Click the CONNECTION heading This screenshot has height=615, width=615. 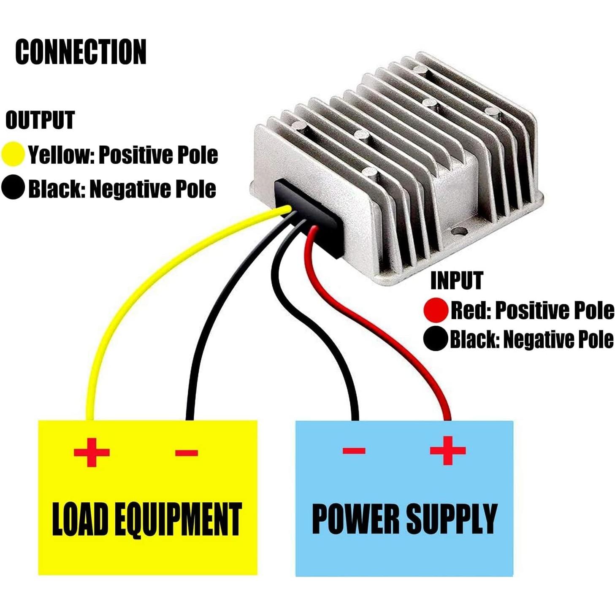click(81, 52)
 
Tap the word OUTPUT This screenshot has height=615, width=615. click(40, 120)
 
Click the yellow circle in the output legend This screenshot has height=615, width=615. click(13, 154)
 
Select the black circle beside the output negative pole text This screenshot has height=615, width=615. click(13, 188)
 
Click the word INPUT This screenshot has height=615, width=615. click(456, 281)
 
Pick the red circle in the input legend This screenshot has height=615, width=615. click(436, 310)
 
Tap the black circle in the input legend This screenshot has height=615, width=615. click(436, 339)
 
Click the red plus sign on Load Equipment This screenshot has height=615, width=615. click(92, 452)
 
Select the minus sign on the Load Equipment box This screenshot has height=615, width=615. click(187, 453)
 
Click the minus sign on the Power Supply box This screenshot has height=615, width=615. click(354, 450)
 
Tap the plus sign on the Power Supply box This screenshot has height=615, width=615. click(448, 450)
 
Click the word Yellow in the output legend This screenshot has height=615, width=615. click(60, 155)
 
